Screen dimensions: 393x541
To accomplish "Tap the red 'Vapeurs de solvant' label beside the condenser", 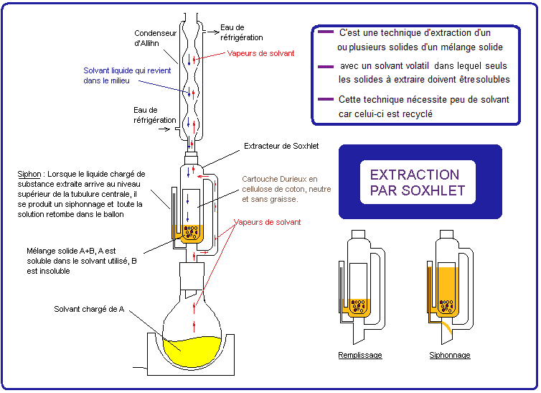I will [260, 53].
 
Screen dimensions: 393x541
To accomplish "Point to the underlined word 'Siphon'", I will [29, 175].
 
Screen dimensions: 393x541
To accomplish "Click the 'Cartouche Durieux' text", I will [280, 179].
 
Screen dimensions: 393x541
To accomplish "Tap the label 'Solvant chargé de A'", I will [90, 309].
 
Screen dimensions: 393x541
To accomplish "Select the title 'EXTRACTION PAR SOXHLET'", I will [417, 182].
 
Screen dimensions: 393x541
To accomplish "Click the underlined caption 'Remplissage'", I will [360, 356].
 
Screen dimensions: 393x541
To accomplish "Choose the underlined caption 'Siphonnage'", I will [450, 356].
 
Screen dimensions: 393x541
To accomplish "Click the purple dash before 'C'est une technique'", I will [325, 33].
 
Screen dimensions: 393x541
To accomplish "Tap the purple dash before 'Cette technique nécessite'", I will [325, 99].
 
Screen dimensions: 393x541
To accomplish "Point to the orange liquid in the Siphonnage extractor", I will [448, 287].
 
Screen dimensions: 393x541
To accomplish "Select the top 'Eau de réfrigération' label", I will [241, 32].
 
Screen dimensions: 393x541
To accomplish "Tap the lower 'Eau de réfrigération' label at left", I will [154, 115].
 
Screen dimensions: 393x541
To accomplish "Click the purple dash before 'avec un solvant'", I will [325, 66].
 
